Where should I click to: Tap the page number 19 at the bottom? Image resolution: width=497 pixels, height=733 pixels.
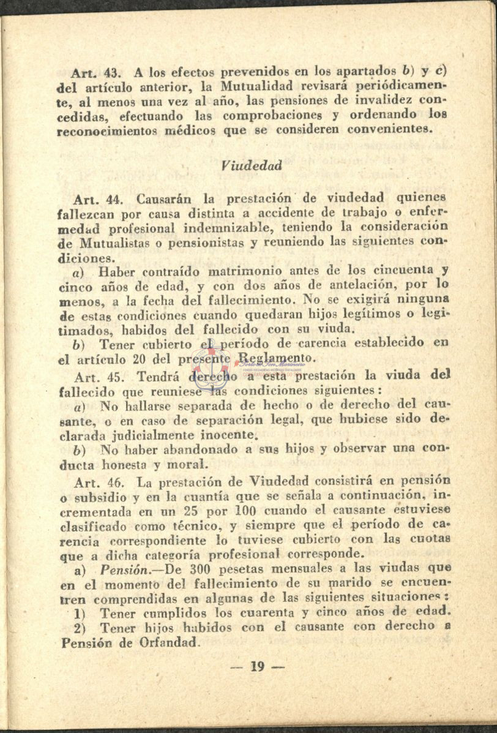(x=257, y=667)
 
